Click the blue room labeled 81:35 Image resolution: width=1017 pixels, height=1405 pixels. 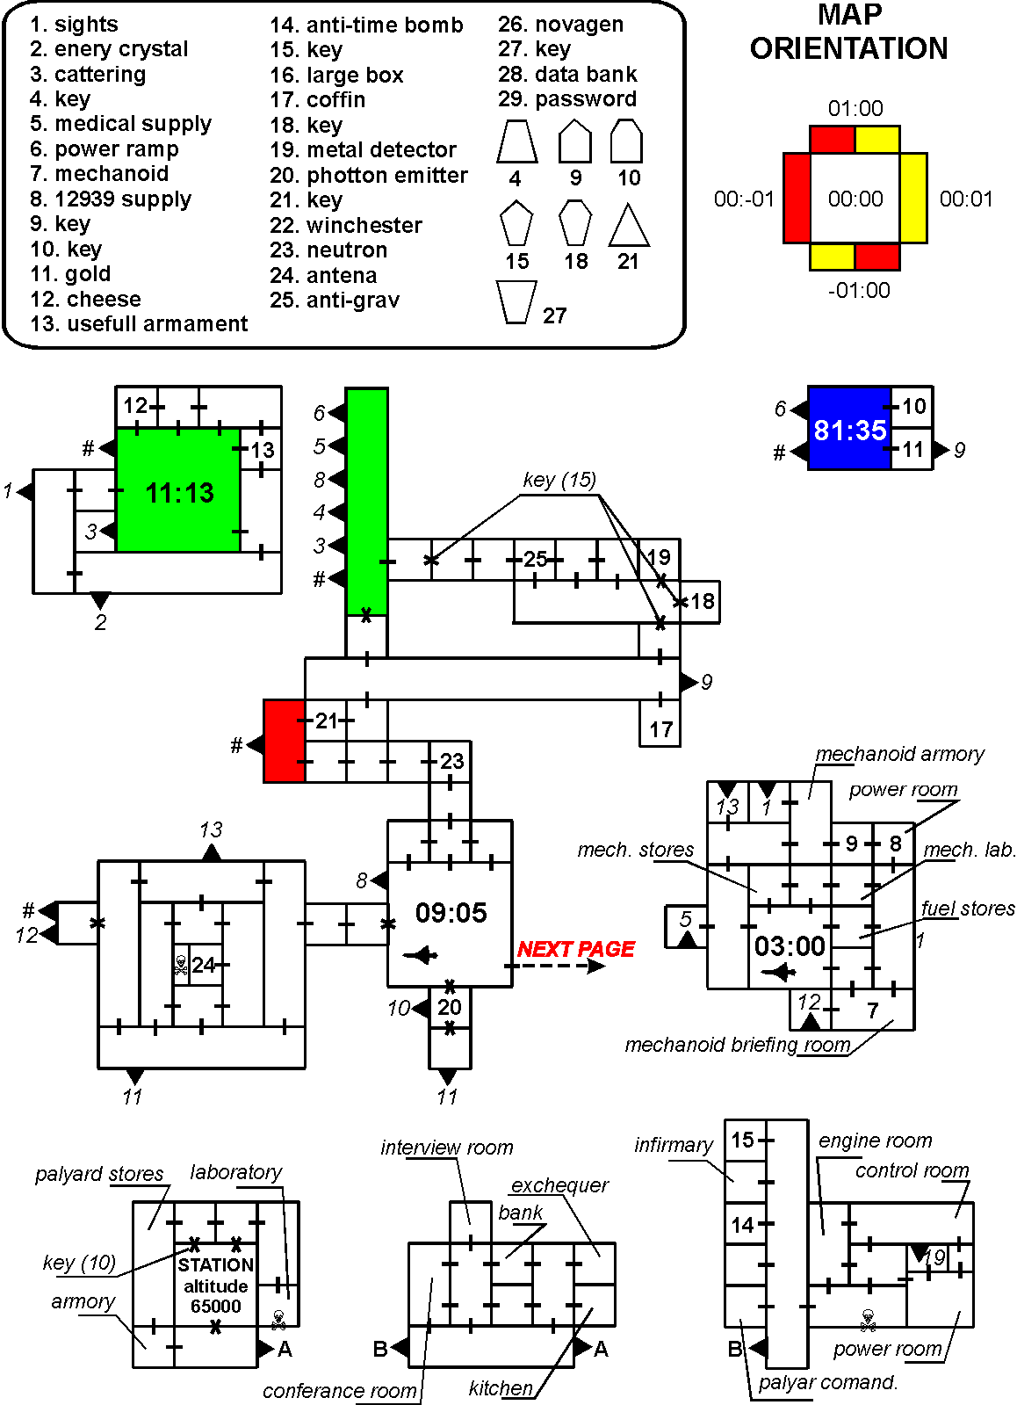(849, 430)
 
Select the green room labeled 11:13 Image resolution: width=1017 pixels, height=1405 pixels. (179, 492)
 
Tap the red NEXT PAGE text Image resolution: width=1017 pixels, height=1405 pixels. (575, 949)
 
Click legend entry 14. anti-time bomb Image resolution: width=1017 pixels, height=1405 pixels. (366, 25)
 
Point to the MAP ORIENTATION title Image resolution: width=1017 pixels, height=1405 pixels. (849, 32)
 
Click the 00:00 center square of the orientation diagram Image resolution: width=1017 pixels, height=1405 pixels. (855, 199)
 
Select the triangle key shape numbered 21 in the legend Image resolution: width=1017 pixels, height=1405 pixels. (628, 227)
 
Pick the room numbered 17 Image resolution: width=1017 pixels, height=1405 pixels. (660, 728)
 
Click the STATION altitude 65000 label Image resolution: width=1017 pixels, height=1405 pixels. (216, 1285)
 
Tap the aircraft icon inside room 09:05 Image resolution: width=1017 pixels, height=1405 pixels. (422, 955)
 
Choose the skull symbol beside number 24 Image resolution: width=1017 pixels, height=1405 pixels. (181, 966)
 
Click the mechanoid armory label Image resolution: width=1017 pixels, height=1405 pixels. (899, 754)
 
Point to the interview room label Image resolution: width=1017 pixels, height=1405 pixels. (446, 1148)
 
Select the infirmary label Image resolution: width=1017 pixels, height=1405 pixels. (674, 1145)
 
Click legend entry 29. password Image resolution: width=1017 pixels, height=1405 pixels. (567, 99)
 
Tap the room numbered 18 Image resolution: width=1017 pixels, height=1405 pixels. (702, 602)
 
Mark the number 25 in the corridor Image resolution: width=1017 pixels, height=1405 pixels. (535, 560)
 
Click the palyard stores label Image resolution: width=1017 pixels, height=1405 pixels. (99, 1174)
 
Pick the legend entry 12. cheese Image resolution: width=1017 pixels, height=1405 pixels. (85, 300)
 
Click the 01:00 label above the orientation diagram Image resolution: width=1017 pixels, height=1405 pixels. (855, 109)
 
